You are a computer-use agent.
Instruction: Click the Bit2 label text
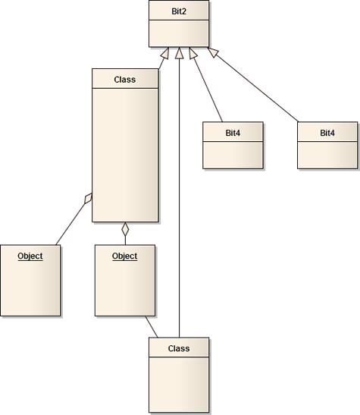[179, 11]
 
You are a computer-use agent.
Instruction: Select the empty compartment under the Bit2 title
[179, 33]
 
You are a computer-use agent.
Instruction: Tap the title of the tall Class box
[125, 80]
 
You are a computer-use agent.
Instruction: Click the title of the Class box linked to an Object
[179, 348]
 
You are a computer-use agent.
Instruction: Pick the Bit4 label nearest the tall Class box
[233, 133]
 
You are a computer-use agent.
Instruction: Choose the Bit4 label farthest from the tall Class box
[327, 133]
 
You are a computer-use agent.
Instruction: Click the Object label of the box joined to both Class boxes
[125, 256]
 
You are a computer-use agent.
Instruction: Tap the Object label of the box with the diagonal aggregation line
[30, 256]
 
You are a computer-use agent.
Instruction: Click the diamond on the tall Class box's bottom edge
[125, 229]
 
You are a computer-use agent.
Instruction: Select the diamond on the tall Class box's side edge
[88, 198]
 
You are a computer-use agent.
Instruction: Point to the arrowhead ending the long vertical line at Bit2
[179, 52]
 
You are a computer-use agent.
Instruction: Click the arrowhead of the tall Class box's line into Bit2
[165, 53]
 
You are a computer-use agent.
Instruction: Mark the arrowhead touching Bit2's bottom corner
[213, 52]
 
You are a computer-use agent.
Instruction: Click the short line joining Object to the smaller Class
[152, 327]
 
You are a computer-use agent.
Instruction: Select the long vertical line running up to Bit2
[179, 198]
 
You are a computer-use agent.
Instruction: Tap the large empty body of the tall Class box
[125, 155]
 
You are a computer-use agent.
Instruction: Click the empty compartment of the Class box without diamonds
[179, 385]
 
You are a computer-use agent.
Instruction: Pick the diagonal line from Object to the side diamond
[70, 224]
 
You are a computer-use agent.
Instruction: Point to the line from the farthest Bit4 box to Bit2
[257, 89]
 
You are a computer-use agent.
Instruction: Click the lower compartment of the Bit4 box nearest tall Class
[233, 155]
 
